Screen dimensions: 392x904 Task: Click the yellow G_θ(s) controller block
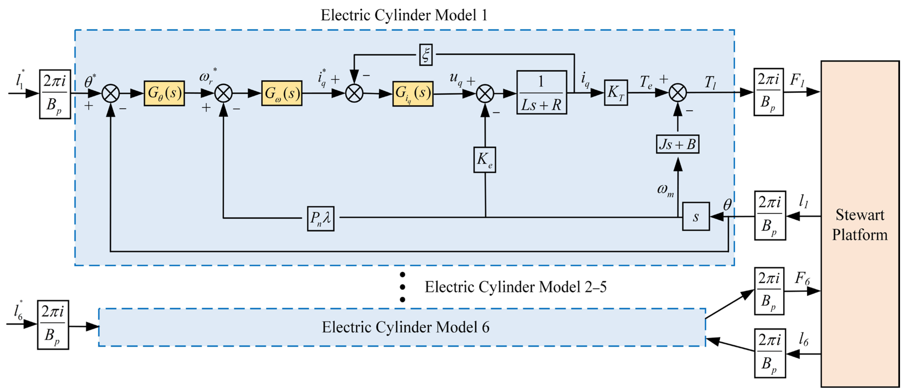click(x=164, y=93)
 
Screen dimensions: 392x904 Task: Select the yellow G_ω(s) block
click(x=282, y=93)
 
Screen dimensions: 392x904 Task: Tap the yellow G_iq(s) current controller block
click(x=413, y=94)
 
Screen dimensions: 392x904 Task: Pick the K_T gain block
click(x=616, y=93)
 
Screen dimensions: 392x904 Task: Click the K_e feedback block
click(x=485, y=160)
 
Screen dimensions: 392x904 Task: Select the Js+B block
click(x=677, y=144)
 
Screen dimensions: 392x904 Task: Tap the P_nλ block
click(x=320, y=218)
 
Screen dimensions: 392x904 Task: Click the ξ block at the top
click(x=426, y=55)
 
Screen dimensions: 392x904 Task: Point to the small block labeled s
click(x=696, y=217)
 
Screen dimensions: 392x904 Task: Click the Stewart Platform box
click(x=860, y=224)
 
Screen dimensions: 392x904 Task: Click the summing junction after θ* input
click(x=111, y=94)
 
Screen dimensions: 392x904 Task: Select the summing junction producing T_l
click(x=677, y=93)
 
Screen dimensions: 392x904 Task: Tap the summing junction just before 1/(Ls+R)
click(x=485, y=94)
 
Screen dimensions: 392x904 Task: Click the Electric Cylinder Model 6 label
click(x=405, y=327)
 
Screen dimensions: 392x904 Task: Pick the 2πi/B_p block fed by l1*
click(x=55, y=94)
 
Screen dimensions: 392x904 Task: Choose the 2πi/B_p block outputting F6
click(x=769, y=291)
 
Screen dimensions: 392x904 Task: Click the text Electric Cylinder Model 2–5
click(x=515, y=287)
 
